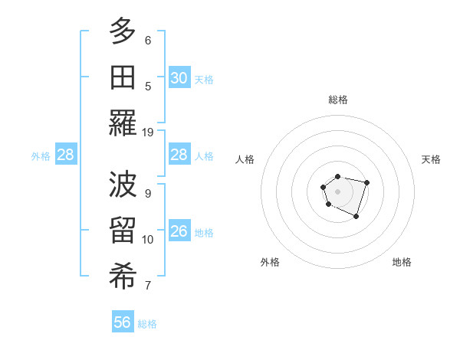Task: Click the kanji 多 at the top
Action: click(123, 32)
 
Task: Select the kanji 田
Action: click(123, 77)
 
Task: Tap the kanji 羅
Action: click(123, 123)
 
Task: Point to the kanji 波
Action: click(123, 185)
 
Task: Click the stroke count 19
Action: click(148, 132)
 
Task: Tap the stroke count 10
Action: click(148, 240)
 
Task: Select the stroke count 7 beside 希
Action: click(148, 286)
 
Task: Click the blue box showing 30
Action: click(179, 78)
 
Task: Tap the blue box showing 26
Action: click(179, 231)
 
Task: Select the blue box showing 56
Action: click(123, 322)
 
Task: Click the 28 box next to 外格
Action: click(66, 155)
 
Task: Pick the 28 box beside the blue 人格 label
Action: click(179, 155)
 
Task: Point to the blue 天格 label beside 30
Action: click(204, 80)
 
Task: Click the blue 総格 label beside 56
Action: click(147, 324)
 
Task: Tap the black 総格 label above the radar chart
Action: click(337, 100)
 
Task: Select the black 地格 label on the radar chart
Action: click(402, 262)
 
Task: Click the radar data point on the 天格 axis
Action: click(366, 182)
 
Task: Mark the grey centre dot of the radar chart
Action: click(337, 190)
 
